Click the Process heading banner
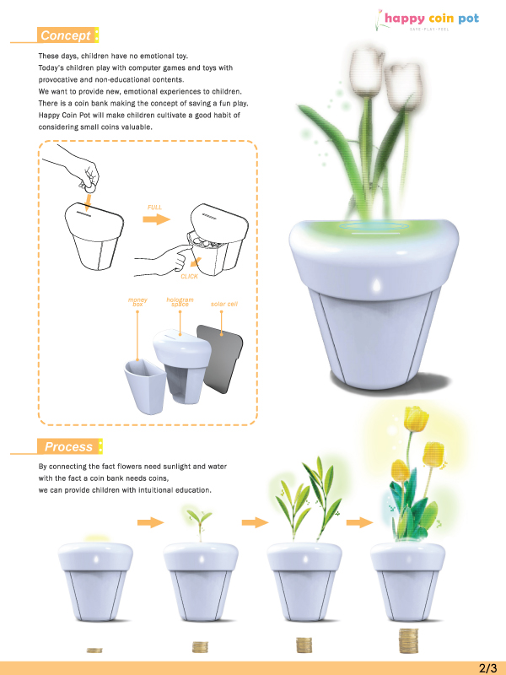coord(68,446)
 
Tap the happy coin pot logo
coord(430,19)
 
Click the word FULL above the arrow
coord(154,206)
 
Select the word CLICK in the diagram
coord(190,276)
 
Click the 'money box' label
coord(137,302)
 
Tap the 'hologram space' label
coord(180,302)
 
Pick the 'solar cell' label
coord(223,303)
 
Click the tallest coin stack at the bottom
coord(409,640)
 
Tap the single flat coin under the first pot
coord(94,650)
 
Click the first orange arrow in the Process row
coord(150,522)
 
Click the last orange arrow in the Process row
coord(359,521)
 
